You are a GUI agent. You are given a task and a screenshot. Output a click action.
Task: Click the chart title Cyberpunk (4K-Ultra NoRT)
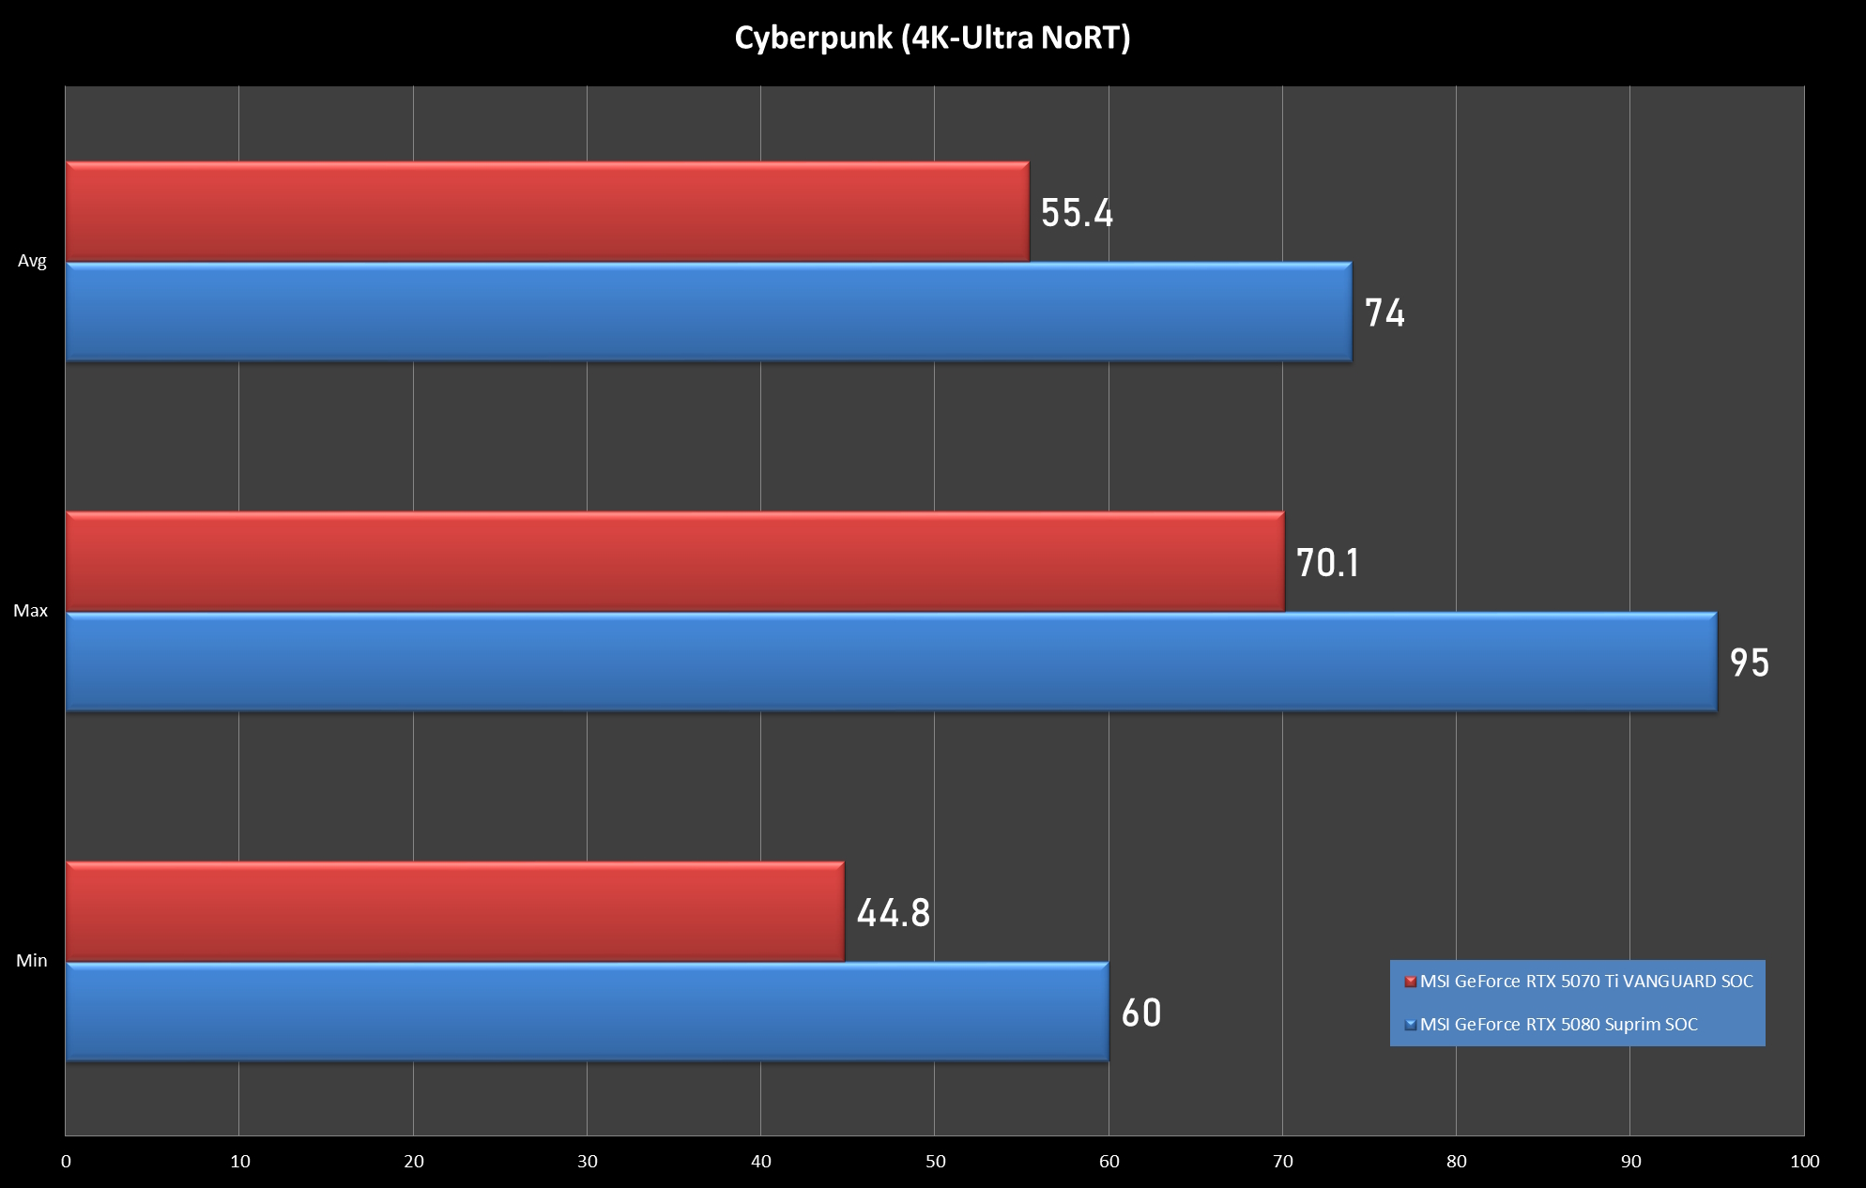[932, 38]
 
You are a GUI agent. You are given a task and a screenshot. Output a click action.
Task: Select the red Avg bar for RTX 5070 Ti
[547, 211]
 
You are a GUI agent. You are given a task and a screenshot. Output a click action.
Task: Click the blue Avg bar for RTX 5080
[709, 312]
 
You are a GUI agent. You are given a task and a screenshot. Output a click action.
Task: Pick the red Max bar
[675, 561]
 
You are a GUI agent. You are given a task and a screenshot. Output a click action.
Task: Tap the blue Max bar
[891, 662]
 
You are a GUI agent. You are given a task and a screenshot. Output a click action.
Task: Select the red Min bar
[454, 911]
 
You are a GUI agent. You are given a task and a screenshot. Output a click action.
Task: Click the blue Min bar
[587, 1012]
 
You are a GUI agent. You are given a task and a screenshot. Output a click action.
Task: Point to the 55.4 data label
[1077, 213]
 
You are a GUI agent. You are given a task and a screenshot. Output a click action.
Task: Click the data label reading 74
[1384, 313]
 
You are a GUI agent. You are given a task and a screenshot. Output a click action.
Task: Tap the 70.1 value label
[1327, 563]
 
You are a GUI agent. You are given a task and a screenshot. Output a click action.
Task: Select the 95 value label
[1750, 663]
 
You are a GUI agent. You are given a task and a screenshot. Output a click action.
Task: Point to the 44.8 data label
[893, 913]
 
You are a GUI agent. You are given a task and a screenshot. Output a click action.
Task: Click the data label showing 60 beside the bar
[1141, 1013]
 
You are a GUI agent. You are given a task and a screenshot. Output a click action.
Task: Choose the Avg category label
[32, 261]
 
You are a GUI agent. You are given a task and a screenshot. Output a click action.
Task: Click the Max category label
[30, 611]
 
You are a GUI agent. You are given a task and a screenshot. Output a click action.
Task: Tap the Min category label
[31, 961]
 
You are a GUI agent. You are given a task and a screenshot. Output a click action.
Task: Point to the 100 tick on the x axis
[1804, 1162]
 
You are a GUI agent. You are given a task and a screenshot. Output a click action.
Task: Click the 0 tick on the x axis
[66, 1162]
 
